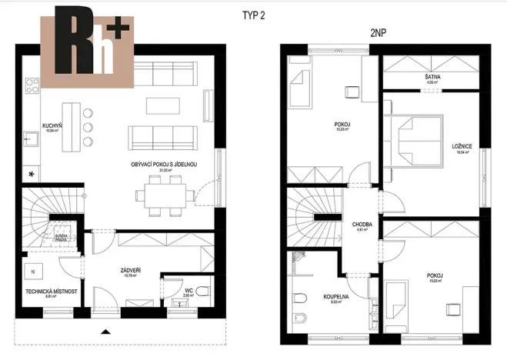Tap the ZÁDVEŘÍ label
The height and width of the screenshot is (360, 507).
[x=129, y=271]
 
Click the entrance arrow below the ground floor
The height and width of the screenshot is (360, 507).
[x=104, y=332]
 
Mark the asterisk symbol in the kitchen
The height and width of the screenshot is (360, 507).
[x=31, y=175]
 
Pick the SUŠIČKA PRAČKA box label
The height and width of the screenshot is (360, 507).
[x=65, y=238]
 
